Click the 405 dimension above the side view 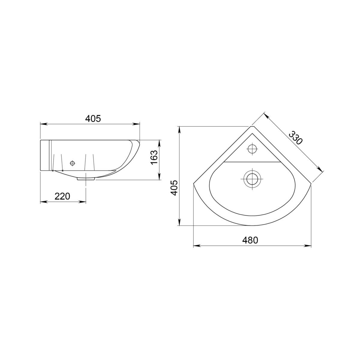(x=93, y=118)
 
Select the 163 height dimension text (x=154, y=157)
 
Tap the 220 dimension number (x=62, y=196)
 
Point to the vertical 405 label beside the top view (x=174, y=188)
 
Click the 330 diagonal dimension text (x=295, y=138)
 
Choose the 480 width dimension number (x=250, y=240)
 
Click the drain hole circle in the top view (x=252, y=178)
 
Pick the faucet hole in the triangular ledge (x=252, y=149)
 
